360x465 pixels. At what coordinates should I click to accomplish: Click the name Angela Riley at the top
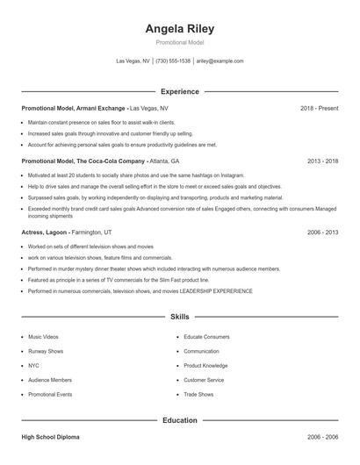point(179,29)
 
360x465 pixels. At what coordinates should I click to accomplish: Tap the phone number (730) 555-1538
point(173,61)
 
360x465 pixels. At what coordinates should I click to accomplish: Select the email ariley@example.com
point(220,61)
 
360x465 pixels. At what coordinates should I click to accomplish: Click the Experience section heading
point(179,91)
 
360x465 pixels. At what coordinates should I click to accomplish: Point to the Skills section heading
point(179,316)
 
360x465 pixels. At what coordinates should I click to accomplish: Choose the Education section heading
point(179,420)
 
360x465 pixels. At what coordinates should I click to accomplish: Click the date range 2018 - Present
point(320,108)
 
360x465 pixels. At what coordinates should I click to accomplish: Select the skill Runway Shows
point(46,351)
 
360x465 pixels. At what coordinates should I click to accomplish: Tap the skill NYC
point(34,365)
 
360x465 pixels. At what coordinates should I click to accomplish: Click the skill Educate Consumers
point(206,336)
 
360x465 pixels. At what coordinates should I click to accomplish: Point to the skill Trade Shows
point(199,394)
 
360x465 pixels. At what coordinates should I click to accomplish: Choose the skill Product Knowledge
point(205,365)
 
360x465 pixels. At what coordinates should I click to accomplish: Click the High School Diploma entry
point(51,436)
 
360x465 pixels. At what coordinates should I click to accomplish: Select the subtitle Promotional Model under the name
point(179,43)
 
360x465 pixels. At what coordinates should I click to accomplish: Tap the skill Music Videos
point(43,336)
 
